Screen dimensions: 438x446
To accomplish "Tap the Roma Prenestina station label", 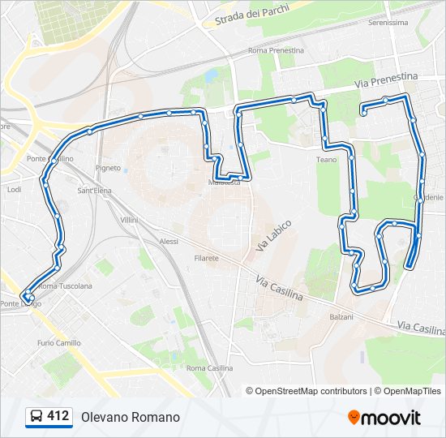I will [x=276, y=50].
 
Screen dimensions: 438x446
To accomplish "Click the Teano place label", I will [x=326, y=159].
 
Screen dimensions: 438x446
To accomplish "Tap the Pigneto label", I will [x=108, y=168].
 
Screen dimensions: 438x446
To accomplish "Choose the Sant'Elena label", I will [x=93, y=191].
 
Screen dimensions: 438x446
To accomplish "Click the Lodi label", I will [x=14, y=189].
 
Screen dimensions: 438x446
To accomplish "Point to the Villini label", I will [x=129, y=220].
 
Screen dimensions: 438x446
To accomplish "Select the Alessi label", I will [x=169, y=241].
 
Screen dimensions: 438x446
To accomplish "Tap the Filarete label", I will [x=206, y=257].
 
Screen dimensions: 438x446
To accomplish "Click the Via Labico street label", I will [x=272, y=234].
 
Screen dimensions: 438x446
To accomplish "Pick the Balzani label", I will [x=341, y=316].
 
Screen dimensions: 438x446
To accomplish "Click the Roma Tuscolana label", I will [x=60, y=286].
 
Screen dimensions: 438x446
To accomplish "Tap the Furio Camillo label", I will [x=58, y=342].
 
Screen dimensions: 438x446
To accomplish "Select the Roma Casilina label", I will [x=209, y=367].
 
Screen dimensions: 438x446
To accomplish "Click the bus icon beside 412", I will [x=36, y=416].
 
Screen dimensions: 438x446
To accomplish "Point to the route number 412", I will [x=58, y=416].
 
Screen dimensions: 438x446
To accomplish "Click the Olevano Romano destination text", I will [x=130, y=417].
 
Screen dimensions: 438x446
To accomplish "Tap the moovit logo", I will [x=384, y=417].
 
